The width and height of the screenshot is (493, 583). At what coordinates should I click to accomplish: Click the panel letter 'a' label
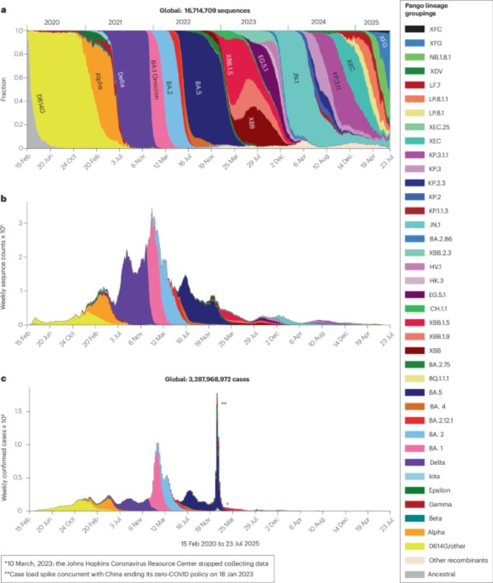click(5, 10)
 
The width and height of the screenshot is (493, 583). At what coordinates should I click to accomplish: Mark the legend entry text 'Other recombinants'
click(455, 560)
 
